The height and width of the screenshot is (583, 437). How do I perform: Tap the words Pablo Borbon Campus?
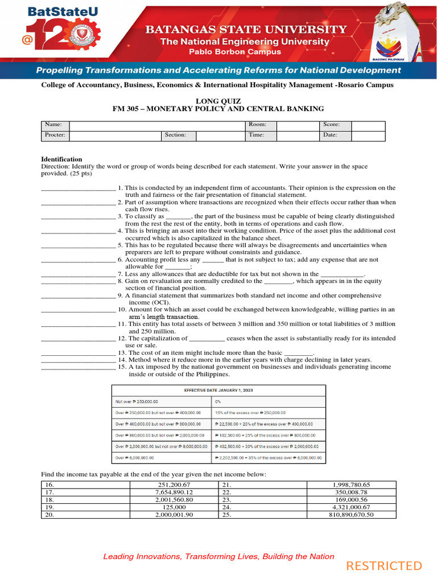tap(235, 52)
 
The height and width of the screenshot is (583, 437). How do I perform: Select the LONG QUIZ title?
tap(218, 101)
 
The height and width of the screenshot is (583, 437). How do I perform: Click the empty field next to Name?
tap(156, 125)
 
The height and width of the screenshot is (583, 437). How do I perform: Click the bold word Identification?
tap(61, 159)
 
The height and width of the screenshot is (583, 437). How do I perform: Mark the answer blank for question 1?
tap(78, 188)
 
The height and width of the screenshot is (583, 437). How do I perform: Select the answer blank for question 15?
tap(78, 367)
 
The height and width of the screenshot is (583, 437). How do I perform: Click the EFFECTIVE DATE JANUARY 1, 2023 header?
tap(218, 390)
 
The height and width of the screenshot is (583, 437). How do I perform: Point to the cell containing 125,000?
tap(175, 507)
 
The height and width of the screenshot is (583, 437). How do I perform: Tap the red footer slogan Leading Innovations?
tap(218, 556)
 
